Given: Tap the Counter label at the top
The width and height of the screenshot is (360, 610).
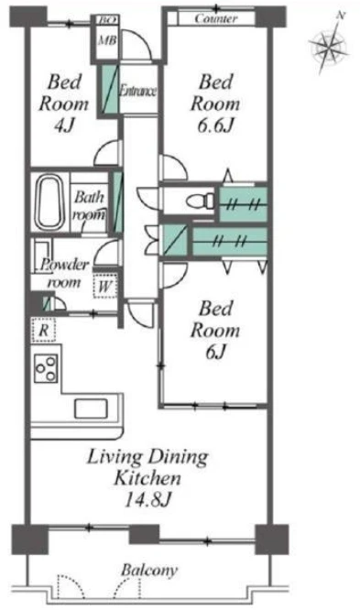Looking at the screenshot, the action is click(x=216, y=18).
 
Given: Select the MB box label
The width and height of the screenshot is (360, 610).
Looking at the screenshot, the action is click(x=106, y=40).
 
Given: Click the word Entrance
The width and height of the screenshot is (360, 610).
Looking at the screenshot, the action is click(x=137, y=91).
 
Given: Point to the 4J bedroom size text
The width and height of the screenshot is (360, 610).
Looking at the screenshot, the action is click(x=64, y=125).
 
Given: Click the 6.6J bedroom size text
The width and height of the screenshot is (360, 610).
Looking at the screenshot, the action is click(x=215, y=125).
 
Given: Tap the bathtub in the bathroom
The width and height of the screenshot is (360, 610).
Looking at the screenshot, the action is click(x=49, y=202).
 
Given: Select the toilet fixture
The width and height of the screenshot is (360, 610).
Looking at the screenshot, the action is click(x=201, y=201).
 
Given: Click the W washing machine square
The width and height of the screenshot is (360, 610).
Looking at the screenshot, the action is click(x=105, y=287).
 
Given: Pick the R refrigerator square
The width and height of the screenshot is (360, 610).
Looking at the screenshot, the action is click(x=43, y=330).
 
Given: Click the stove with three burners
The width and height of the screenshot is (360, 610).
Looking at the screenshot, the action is click(x=47, y=368).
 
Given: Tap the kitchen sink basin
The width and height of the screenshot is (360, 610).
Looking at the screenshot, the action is click(x=91, y=408).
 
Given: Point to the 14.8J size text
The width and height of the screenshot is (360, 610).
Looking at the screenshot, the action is click(x=147, y=499).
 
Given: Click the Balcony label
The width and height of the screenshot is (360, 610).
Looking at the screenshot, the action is click(x=149, y=570).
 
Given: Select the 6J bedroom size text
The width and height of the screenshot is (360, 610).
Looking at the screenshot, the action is click(x=215, y=352).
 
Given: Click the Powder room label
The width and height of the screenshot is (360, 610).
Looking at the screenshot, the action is click(x=65, y=273).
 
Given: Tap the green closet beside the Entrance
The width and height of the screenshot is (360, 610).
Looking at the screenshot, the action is click(x=110, y=90).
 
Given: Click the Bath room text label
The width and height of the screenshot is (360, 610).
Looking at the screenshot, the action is click(x=90, y=205).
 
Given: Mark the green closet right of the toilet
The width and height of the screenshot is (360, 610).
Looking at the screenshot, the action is click(x=244, y=204).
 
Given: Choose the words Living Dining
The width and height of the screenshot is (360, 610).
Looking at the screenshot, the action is click(x=147, y=457).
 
